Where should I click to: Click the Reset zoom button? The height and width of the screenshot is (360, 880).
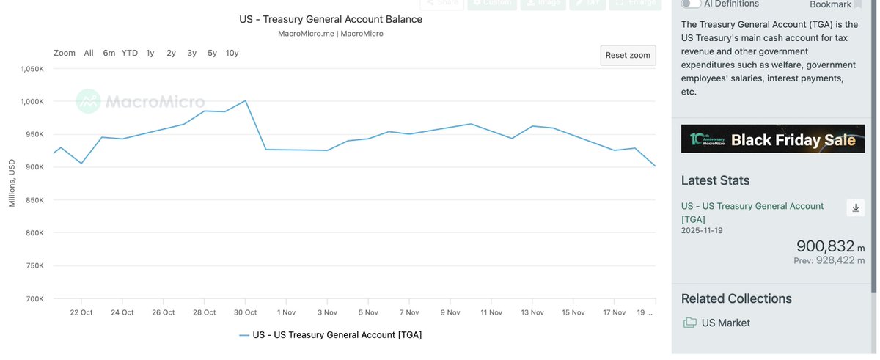[628, 55]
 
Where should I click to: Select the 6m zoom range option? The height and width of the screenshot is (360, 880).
[109, 53]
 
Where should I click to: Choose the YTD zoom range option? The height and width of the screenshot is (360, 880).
[129, 53]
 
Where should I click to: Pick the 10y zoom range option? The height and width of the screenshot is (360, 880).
[232, 53]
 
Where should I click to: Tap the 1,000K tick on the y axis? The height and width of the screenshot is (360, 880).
[33, 101]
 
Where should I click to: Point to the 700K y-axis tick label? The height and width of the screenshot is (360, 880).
[35, 299]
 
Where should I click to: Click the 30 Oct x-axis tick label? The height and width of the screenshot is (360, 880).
[245, 312]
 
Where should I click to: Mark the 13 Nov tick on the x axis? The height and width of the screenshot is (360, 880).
[532, 312]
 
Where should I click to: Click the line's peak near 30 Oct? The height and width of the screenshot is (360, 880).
[245, 100]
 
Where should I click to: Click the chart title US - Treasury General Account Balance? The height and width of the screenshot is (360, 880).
[331, 19]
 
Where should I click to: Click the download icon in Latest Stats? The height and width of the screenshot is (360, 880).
[855, 208]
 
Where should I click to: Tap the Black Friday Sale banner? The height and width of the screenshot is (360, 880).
[772, 139]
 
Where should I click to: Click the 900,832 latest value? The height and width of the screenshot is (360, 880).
[826, 246]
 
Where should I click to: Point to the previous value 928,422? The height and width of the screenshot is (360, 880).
[838, 260]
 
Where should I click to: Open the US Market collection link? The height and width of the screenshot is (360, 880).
[725, 323]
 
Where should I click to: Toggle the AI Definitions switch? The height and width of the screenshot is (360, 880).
[690, 4]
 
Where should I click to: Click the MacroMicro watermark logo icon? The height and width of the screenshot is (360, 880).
[88, 101]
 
